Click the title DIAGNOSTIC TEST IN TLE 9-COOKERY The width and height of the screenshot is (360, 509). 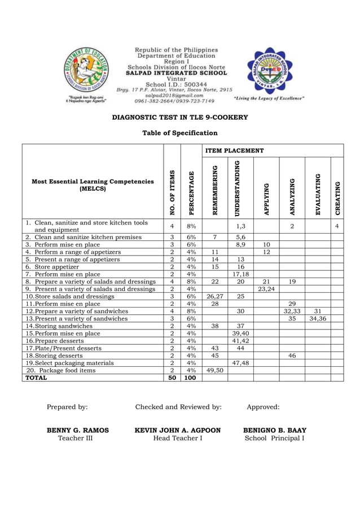click(179, 117)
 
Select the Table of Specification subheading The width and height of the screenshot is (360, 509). click(179, 133)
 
